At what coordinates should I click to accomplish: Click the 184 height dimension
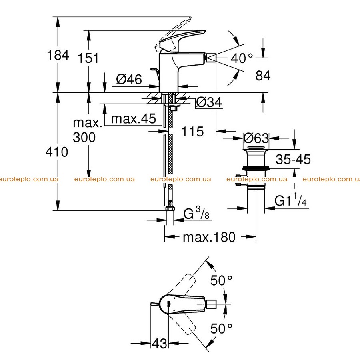[x=58, y=55]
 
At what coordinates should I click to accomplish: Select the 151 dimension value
[x=88, y=58]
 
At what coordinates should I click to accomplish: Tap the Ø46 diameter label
[x=129, y=79]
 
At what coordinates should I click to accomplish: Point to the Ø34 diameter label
[x=209, y=102]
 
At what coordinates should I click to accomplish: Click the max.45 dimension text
[x=133, y=119]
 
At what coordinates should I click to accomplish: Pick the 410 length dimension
[x=57, y=152]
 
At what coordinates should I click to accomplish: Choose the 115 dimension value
[x=192, y=132]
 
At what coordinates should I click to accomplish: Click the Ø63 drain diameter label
[x=256, y=138]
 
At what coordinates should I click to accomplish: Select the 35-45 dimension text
[x=293, y=159]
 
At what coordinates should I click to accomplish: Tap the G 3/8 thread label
[x=196, y=213]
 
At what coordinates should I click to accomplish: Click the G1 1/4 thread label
[x=290, y=200]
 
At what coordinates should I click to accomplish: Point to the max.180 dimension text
[x=209, y=237]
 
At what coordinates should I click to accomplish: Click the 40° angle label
[x=242, y=58]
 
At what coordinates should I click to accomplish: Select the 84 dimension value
[x=263, y=76]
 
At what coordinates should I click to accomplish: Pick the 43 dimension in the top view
[x=160, y=344]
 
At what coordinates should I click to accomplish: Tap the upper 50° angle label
[x=222, y=280]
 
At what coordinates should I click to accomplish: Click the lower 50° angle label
[x=221, y=328]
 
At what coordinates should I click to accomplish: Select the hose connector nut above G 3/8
[x=170, y=208]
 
